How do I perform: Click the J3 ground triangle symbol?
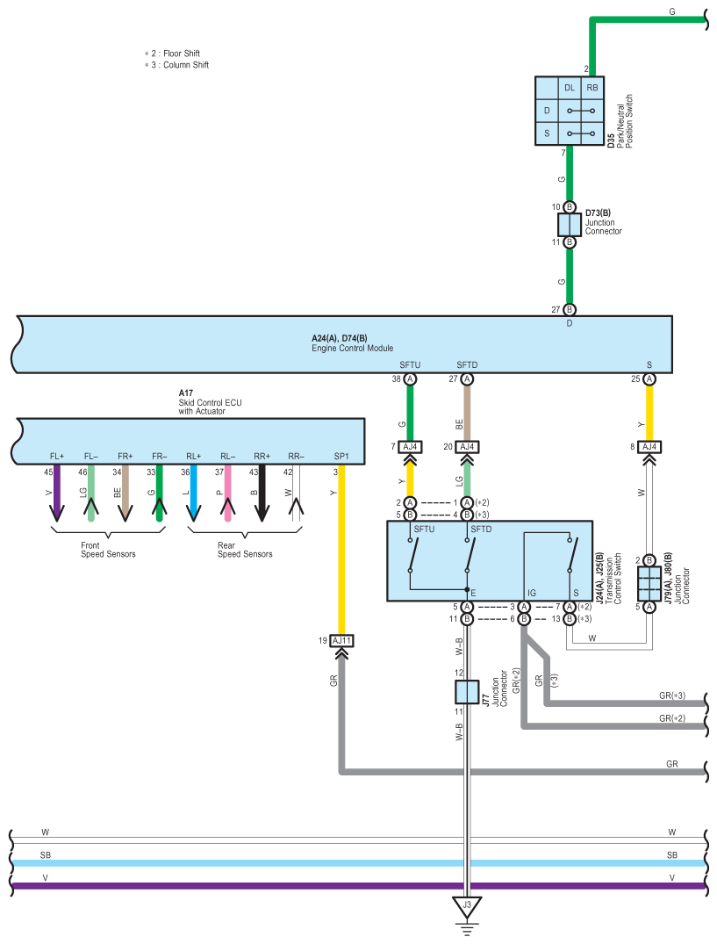pos(467,906)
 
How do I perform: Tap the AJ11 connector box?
pos(341,640)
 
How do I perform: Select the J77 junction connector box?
pos(467,692)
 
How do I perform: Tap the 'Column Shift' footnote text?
pos(186,65)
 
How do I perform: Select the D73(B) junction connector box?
pos(569,225)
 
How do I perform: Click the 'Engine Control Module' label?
pos(353,348)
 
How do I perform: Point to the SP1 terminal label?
pos(341,457)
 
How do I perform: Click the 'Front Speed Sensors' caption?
pos(108,550)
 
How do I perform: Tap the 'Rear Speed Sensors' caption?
pos(245,550)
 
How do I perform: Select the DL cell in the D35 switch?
pos(569,88)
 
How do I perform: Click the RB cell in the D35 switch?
pos(592,88)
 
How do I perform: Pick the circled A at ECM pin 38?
pos(410,379)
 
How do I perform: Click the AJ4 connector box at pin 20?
pos(467,447)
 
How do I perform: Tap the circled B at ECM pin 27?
pos(569,309)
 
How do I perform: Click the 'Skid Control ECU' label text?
pos(210,403)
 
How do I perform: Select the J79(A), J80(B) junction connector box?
pos(649,583)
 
